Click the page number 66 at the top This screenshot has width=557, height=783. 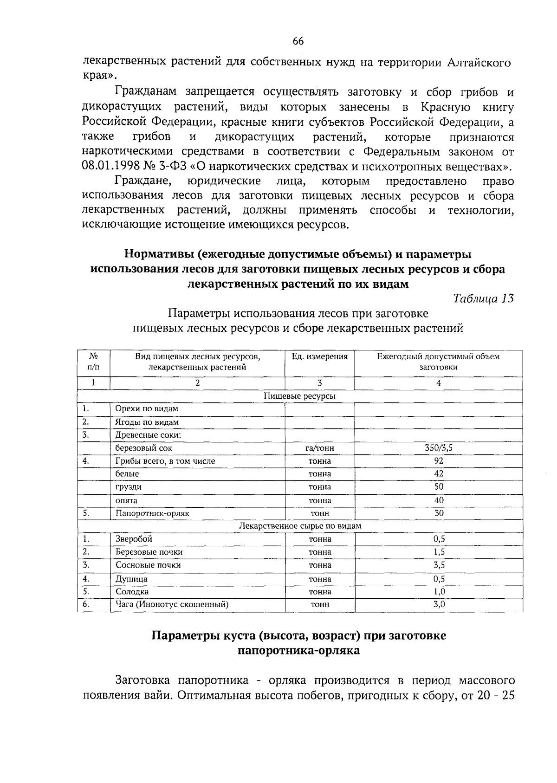[x=298, y=41]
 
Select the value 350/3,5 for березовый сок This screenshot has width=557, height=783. [x=438, y=448]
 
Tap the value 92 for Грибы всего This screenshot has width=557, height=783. [x=438, y=461]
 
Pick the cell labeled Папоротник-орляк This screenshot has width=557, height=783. [x=152, y=513]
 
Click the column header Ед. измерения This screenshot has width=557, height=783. [x=319, y=356]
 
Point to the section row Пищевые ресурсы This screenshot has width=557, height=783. [x=299, y=396]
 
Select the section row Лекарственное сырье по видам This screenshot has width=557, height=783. [x=299, y=526]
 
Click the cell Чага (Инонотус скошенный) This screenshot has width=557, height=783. [x=172, y=604]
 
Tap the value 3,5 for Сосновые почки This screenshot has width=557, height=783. [x=439, y=565]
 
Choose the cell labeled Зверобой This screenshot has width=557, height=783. [x=134, y=539]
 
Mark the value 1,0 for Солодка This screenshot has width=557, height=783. [x=439, y=591]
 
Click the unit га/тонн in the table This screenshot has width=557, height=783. [x=319, y=448]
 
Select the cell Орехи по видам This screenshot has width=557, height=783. [x=147, y=409]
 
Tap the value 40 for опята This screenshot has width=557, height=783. [x=439, y=500]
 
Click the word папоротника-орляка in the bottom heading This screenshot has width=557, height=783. [x=298, y=650]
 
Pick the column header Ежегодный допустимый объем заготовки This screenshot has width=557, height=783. [x=438, y=362]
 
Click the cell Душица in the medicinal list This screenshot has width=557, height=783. [x=131, y=579]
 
